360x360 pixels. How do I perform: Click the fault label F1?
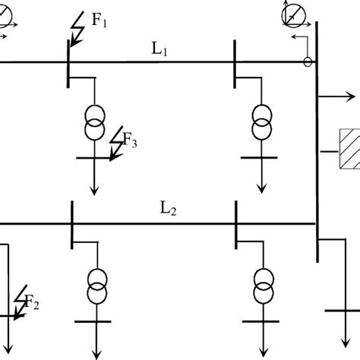click(x=99, y=21)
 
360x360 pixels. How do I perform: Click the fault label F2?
click(x=31, y=304)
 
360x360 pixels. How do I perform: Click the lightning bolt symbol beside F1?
click(x=77, y=31)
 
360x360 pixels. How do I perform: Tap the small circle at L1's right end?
click(x=308, y=62)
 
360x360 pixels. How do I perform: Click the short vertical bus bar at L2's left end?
click(x=71, y=223)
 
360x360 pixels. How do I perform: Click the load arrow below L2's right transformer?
click(x=263, y=342)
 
